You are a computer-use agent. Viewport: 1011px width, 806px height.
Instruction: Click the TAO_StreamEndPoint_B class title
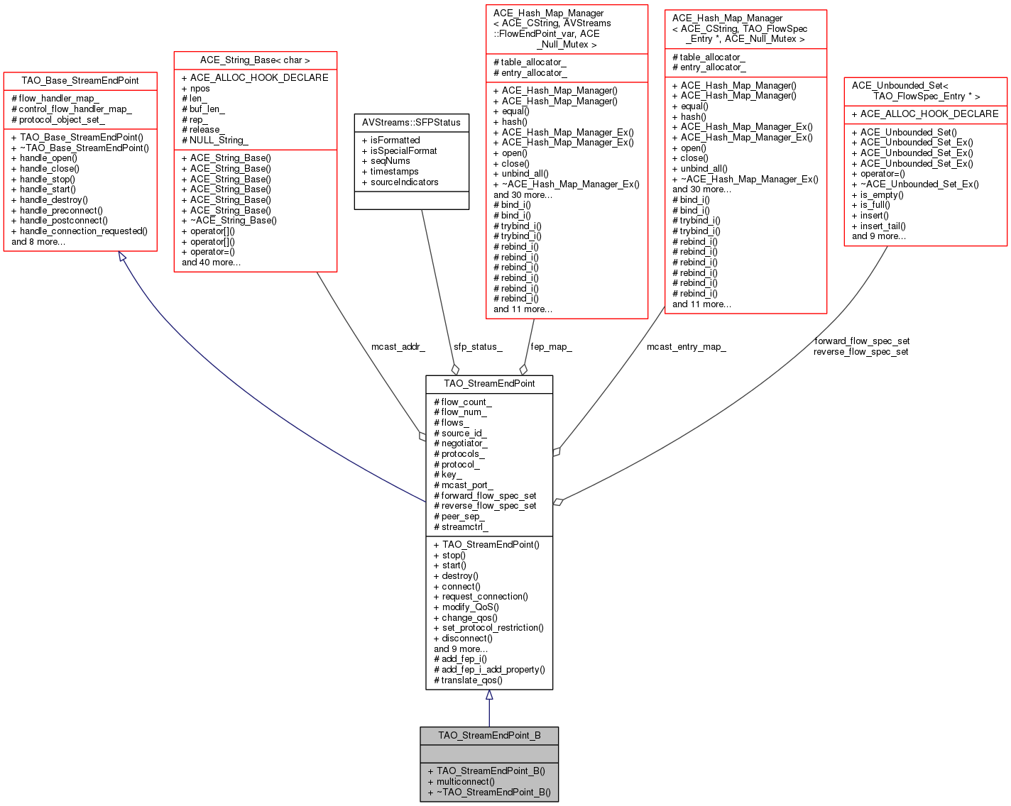click(489, 735)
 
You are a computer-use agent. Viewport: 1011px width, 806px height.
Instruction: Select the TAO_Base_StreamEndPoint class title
click(80, 81)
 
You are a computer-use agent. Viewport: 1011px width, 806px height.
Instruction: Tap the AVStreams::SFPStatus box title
click(411, 123)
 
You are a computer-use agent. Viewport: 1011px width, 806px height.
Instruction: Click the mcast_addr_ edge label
click(398, 347)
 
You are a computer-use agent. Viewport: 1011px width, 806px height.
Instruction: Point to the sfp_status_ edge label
click(478, 347)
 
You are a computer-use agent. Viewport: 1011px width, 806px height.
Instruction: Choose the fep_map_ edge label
click(551, 347)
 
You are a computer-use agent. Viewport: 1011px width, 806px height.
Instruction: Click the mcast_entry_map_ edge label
click(686, 347)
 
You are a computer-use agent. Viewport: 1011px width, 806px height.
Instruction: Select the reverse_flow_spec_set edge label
click(860, 352)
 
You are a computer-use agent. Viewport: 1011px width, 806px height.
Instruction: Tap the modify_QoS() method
click(466, 607)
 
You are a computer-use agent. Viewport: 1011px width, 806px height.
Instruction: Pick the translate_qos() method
click(468, 680)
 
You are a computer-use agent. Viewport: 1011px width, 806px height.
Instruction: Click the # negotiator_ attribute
click(461, 443)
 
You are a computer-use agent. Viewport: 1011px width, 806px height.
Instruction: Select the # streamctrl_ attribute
click(461, 526)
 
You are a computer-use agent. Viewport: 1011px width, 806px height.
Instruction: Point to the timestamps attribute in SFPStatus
click(390, 171)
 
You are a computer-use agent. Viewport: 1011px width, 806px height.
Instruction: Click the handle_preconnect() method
click(57, 210)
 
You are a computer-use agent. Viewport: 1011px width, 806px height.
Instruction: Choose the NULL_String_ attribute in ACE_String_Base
click(214, 140)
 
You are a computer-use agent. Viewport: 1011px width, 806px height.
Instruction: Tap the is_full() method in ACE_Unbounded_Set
click(870, 204)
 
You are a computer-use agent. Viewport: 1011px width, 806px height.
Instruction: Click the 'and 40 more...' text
click(211, 263)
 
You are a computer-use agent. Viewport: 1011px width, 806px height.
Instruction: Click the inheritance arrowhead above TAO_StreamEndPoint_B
click(489, 695)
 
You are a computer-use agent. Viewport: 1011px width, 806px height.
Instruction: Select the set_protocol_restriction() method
click(488, 628)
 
